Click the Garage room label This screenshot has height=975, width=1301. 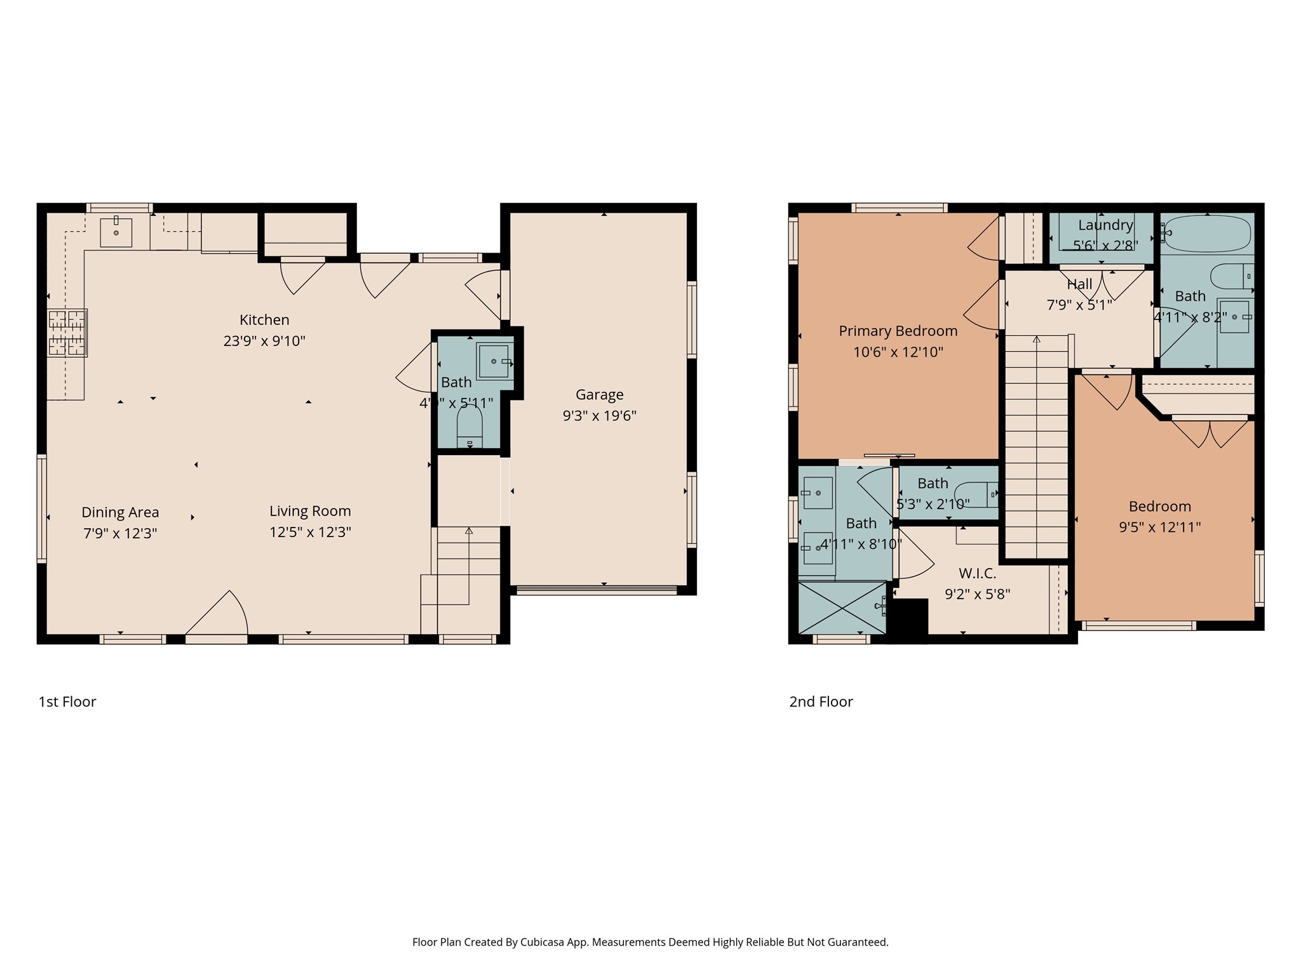[599, 395]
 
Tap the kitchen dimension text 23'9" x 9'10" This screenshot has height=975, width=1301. [264, 342]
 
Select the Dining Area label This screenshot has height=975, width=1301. [120, 512]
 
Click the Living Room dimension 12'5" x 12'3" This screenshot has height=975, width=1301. [310, 533]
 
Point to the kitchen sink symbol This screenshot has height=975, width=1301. [116, 232]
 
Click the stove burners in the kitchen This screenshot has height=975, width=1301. [67, 333]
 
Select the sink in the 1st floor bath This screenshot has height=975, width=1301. [494, 361]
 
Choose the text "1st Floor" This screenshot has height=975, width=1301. [67, 702]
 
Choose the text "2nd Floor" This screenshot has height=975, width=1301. [821, 702]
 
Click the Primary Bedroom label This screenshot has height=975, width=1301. [898, 331]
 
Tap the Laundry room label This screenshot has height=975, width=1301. [1105, 225]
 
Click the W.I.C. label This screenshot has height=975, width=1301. [977, 574]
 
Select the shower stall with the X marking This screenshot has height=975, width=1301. [842, 608]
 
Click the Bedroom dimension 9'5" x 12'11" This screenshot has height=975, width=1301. [1159, 527]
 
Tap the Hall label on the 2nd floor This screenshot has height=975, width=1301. [1079, 284]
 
